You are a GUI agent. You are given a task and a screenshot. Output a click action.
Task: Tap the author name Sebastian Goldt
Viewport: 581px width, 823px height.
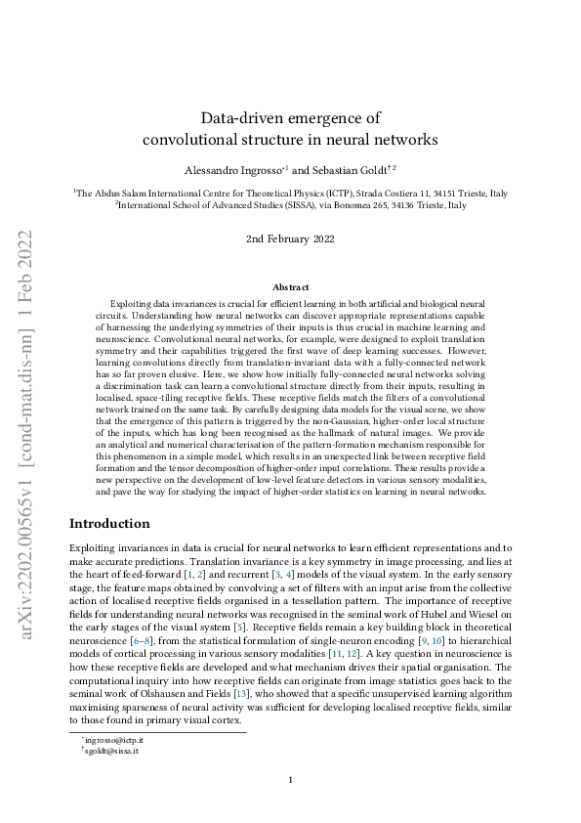click(348, 169)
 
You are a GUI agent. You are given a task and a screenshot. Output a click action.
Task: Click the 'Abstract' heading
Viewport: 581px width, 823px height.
click(290, 287)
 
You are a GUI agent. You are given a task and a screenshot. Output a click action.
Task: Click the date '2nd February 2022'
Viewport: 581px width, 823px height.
click(290, 238)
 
